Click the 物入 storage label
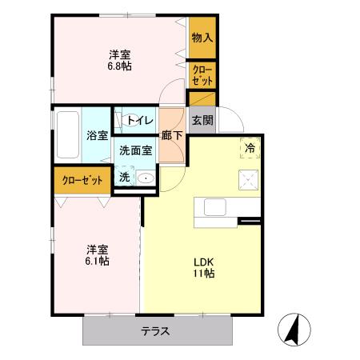tap(202, 38)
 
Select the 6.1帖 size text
tap(98, 261)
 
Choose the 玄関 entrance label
tap(202, 121)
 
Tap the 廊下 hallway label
tap(171, 135)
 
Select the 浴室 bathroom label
tap(97, 135)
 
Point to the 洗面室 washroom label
tap(136, 150)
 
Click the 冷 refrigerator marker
tap(250, 147)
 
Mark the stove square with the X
tap(250, 180)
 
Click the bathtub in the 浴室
tap(67, 134)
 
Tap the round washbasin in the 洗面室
tap(146, 178)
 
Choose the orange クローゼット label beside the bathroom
tap(82, 180)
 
